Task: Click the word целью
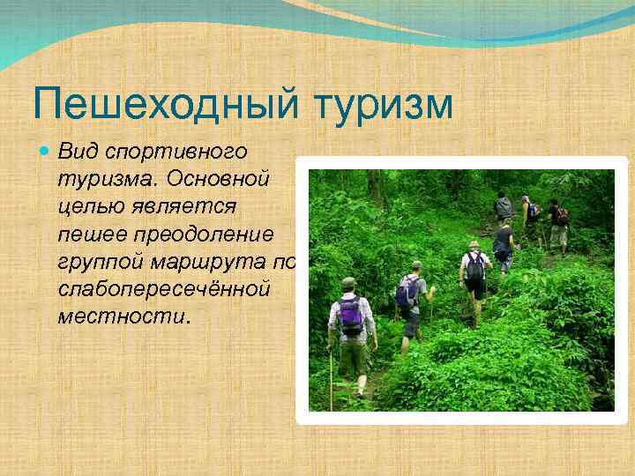click(90, 207)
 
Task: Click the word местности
click(122, 318)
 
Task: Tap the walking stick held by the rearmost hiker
click(332, 375)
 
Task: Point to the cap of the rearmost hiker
click(348, 282)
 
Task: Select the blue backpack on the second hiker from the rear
click(407, 291)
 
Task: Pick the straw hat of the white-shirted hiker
click(474, 243)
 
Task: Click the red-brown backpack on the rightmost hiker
click(561, 215)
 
